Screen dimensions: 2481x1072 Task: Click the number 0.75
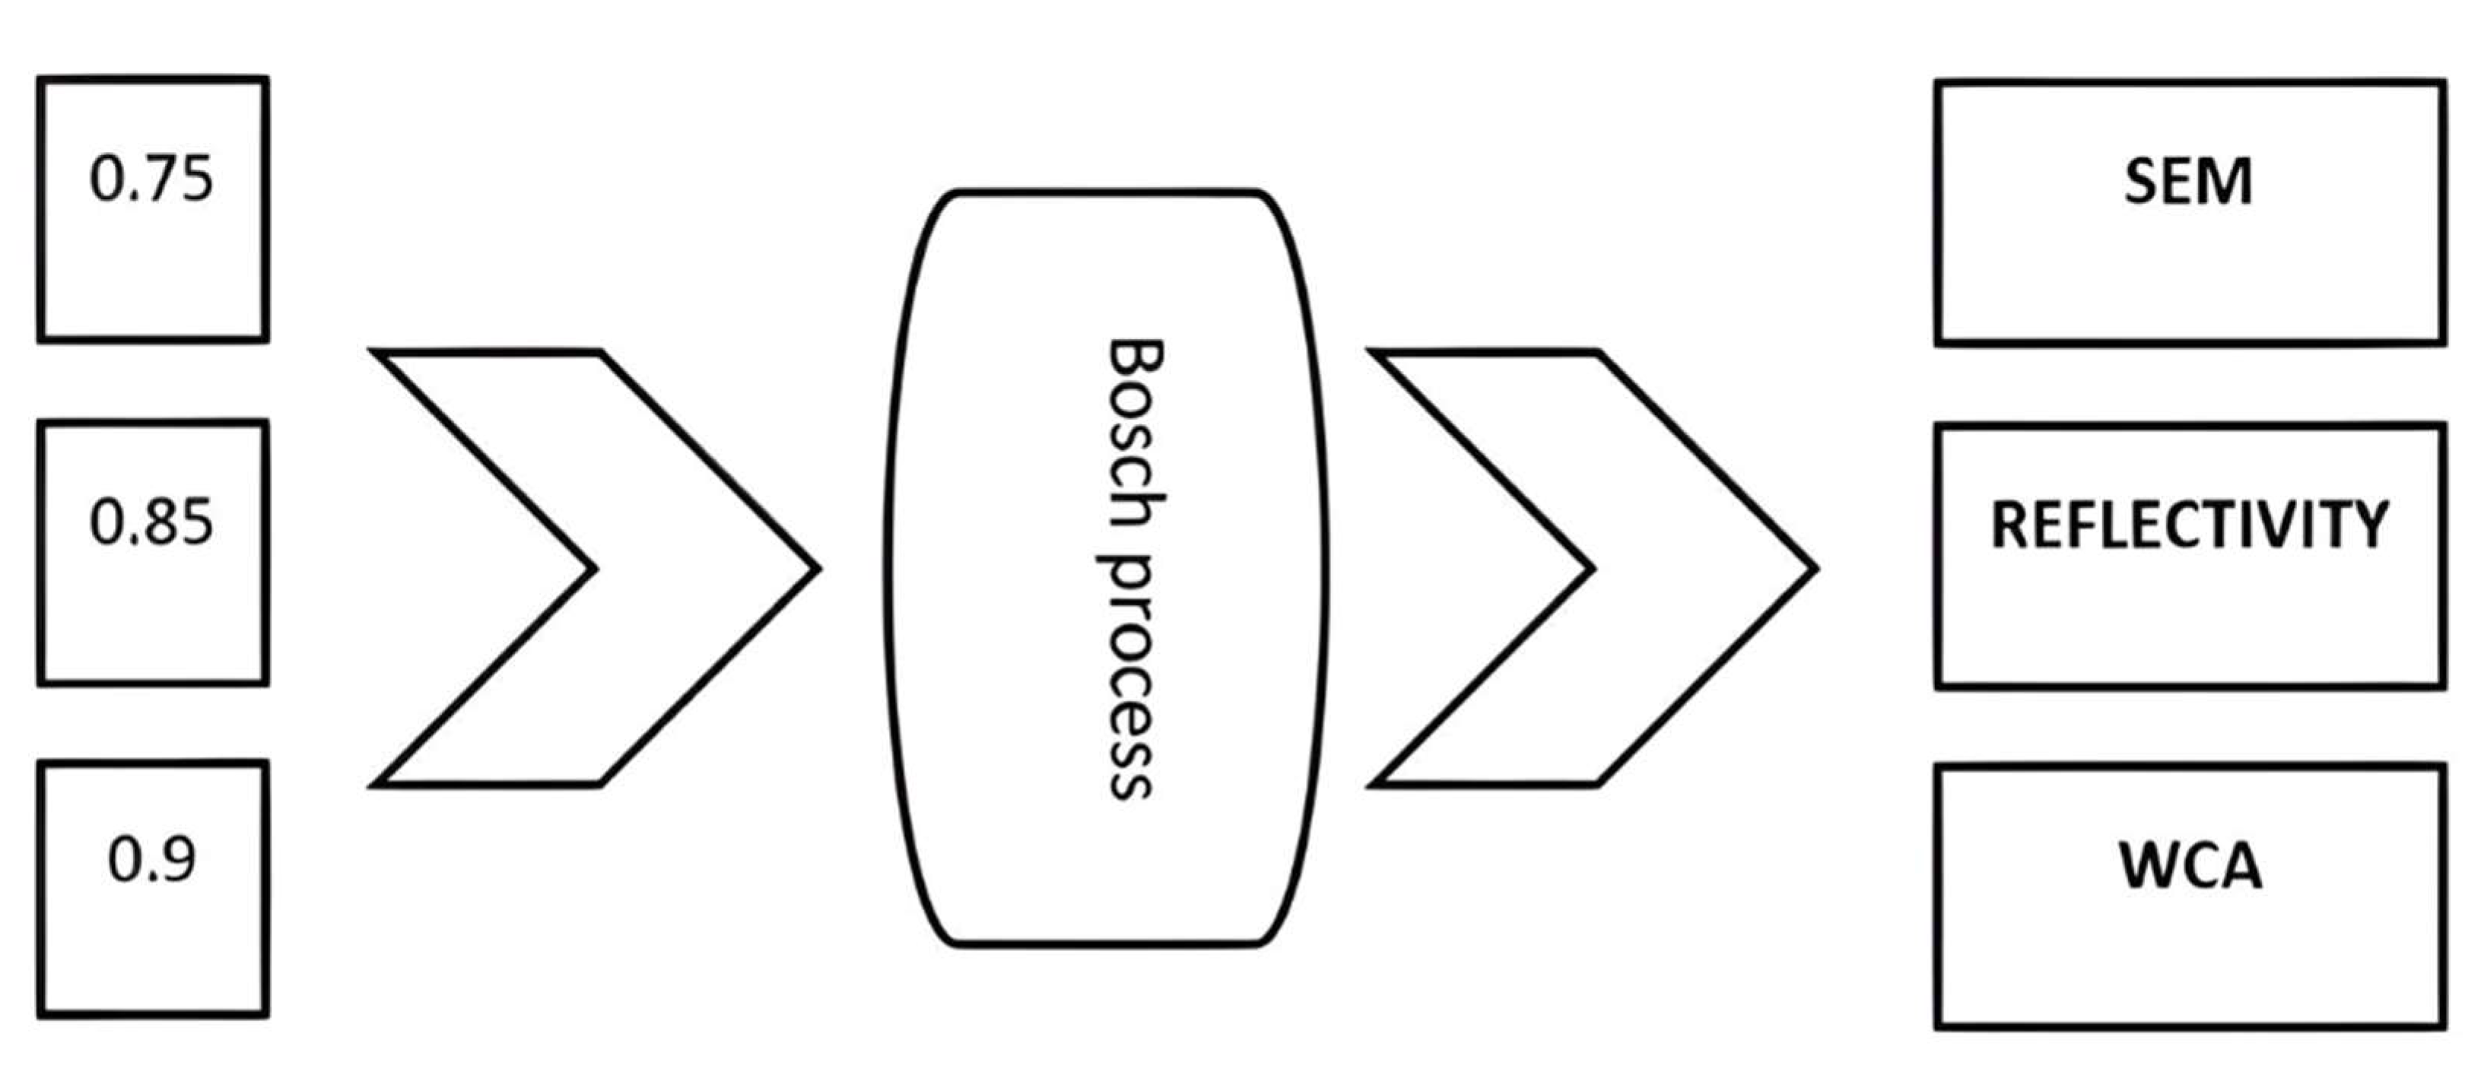pyautogui.click(x=151, y=179)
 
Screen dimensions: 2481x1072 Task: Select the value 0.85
pyautogui.click(x=151, y=522)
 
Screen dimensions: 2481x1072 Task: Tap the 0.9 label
pyautogui.click(x=151, y=859)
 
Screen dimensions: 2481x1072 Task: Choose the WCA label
pyautogui.click(x=2190, y=865)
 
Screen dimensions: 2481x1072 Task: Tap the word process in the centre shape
pyautogui.click(x=1129, y=674)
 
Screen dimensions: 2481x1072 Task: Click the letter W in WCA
pyautogui.click(x=2146, y=865)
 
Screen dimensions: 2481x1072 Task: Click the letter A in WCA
pyautogui.click(x=2239, y=865)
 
